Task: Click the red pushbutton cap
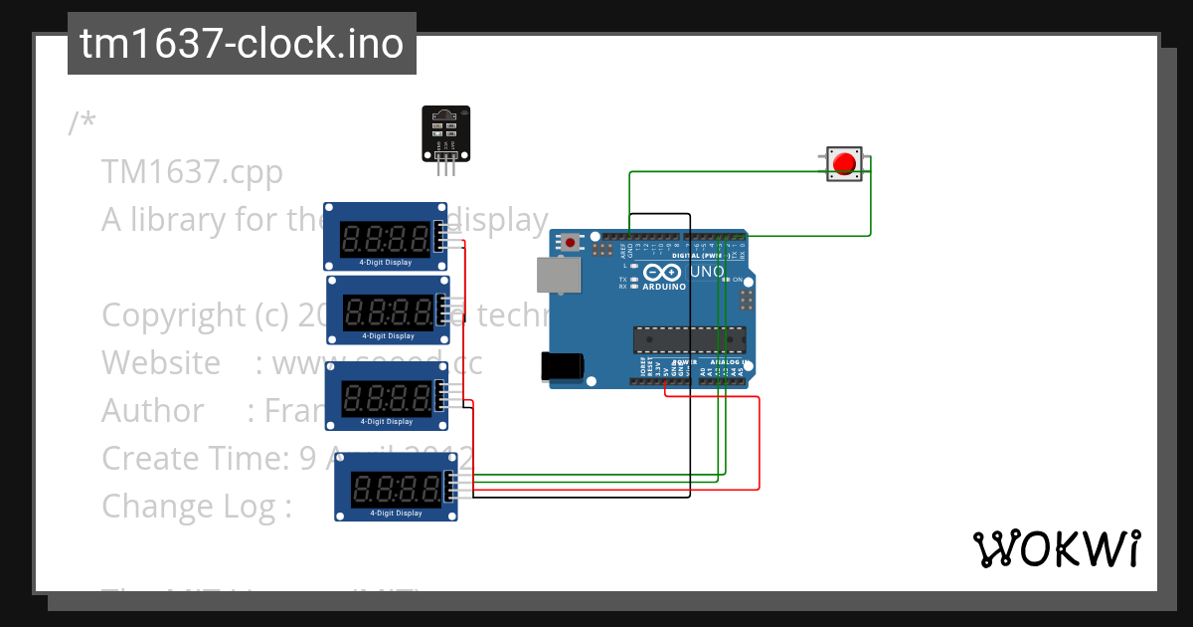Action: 845,163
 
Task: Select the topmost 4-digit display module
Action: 386,237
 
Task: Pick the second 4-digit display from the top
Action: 388,311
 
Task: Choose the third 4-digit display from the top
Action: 387,396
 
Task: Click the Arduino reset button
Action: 570,242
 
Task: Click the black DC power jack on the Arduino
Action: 559,365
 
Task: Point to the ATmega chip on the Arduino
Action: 689,340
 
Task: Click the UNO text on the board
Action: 707,272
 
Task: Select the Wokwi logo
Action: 1056,548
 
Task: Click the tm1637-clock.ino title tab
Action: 242,44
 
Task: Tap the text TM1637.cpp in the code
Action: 192,172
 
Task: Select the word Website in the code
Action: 161,363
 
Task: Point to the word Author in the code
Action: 153,410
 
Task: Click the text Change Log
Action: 196,506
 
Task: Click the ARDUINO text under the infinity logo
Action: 664,287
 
